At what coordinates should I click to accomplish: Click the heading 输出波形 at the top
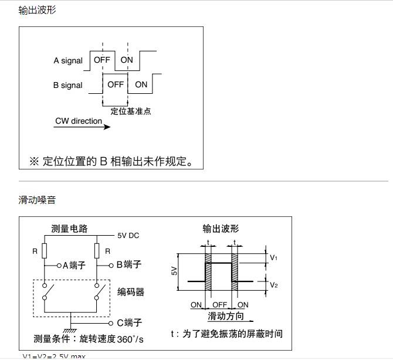37,10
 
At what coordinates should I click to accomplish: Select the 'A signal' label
68,60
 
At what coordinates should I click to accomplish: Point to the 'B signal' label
68,85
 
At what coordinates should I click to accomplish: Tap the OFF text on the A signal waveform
101,60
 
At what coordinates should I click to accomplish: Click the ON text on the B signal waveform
141,84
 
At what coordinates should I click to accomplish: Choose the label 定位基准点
131,111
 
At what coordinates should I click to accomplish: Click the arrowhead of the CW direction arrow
107,125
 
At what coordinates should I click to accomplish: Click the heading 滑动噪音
37,200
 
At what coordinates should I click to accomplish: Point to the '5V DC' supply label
128,236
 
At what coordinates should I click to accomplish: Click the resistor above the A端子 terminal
43,250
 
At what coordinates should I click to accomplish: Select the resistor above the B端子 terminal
97,250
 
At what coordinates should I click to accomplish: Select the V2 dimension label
274,284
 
